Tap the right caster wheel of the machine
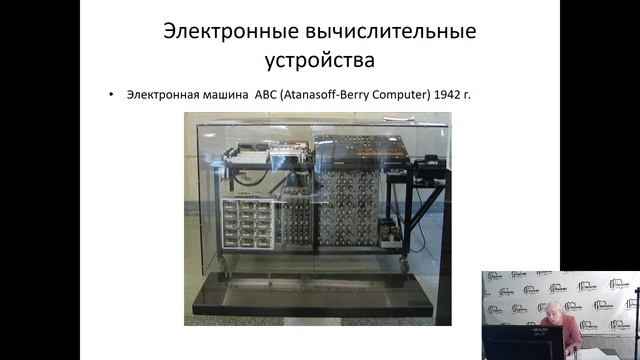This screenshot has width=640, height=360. pos(405,268)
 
